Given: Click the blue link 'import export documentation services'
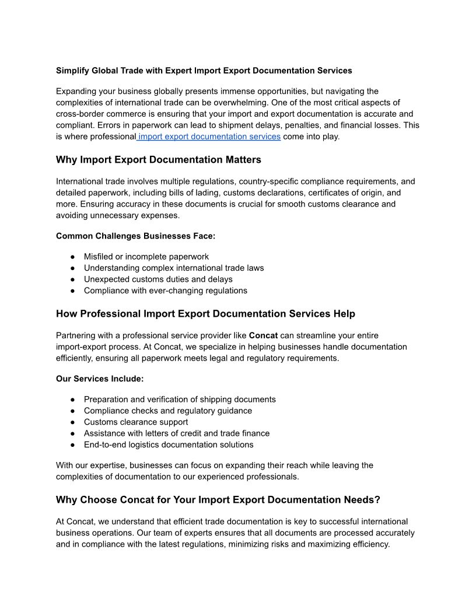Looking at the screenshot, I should click(x=209, y=136).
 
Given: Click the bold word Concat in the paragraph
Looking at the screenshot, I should click(x=263, y=335).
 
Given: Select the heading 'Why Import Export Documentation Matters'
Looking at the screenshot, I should click(x=159, y=160).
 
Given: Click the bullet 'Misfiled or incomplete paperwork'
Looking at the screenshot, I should click(x=146, y=257).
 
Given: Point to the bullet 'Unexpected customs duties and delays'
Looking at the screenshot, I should click(x=158, y=279).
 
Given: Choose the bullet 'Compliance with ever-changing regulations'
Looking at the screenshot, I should click(x=166, y=290).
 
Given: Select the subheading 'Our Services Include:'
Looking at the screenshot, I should click(x=100, y=379).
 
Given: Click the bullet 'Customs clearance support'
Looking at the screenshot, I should click(x=136, y=422).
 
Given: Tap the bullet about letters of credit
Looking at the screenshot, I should click(x=177, y=433).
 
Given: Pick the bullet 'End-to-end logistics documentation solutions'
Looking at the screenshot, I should click(x=169, y=444).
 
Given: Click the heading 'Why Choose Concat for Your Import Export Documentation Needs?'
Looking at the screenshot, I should click(x=218, y=500).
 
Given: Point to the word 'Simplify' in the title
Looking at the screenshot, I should click(x=72, y=71).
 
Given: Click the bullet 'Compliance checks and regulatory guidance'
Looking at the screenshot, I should click(x=168, y=411).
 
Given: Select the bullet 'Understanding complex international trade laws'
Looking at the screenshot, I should click(x=174, y=268).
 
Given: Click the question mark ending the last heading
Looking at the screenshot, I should click(x=377, y=500).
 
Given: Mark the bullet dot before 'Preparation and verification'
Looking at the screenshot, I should click(x=73, y=400).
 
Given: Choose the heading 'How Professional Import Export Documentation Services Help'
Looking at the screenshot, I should click(x=205, y=314).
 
